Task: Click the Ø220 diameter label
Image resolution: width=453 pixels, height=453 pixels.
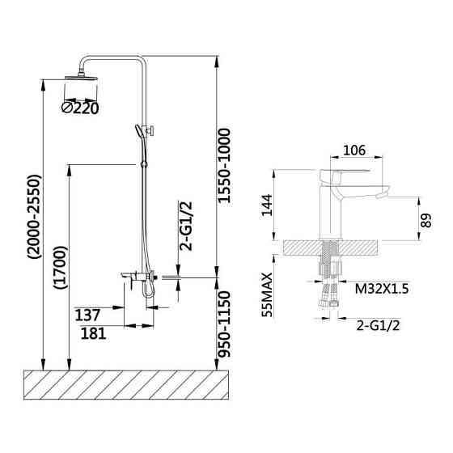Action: coord(80,108)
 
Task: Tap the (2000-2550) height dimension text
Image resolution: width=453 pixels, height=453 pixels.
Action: coord(35,217)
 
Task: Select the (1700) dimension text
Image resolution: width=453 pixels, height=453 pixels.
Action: coord(61,267)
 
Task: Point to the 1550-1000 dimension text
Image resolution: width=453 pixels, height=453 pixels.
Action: coord(224,166)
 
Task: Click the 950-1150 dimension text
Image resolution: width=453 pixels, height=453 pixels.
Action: coord(224,324)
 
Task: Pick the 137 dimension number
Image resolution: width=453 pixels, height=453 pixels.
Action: coord(87,315)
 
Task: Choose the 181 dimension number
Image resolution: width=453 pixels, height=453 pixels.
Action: coord(93,333)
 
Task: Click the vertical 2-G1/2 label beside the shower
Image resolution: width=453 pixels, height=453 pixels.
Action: coord(185,226)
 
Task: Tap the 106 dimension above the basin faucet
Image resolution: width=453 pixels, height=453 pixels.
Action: coord(354,150)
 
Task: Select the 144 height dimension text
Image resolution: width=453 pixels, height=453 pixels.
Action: coord(267,205)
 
